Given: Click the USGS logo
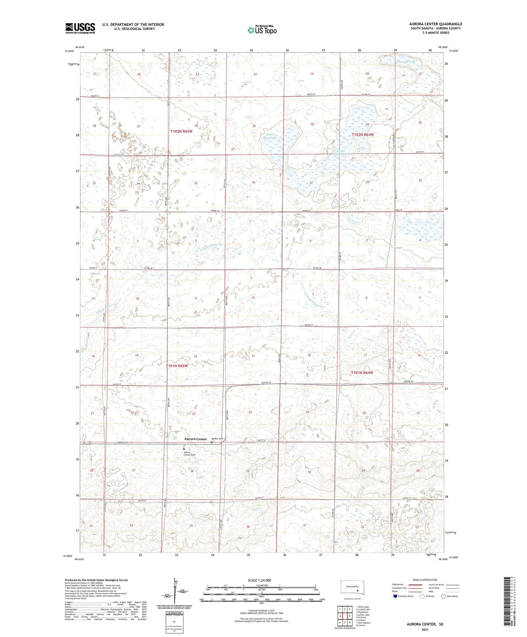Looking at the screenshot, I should coord(80,28).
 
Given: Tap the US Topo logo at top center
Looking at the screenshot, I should coord(262,30).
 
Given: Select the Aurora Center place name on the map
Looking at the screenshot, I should coord(195,439).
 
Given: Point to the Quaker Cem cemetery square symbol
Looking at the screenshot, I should coord(212,442).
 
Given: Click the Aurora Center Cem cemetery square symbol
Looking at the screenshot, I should coord(184,449).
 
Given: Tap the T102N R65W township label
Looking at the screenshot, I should coord(181,131).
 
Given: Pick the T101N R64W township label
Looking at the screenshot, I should coord(362,372).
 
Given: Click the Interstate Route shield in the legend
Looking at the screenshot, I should coord(395,596).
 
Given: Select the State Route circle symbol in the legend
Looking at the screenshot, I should coord(443,596).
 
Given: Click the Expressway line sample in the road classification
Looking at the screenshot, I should coord(416,585).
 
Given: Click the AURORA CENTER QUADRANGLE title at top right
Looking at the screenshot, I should coord(436,24).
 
